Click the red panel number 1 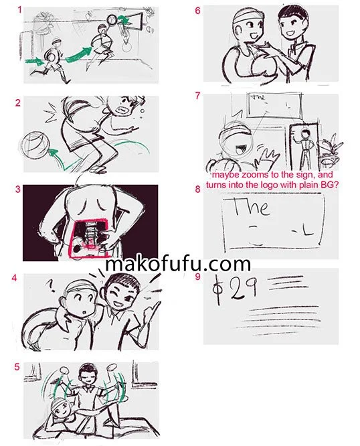point(19,10)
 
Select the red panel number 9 point(197,277)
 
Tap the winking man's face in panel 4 point(118,293)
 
